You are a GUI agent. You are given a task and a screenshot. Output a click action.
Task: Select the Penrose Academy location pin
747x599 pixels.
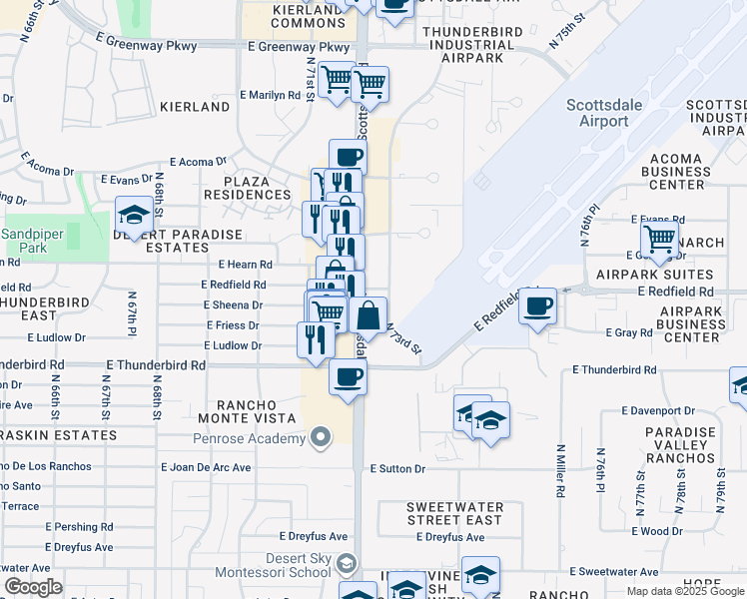click(320, 437)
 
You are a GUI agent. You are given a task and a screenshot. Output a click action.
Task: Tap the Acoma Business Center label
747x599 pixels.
click(691, 171)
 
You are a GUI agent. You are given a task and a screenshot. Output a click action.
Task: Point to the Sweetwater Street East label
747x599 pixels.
click(454, 513)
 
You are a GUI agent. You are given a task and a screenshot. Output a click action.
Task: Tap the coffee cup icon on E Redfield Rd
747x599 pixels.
click(537, 305)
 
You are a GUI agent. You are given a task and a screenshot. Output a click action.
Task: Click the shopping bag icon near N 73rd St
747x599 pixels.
click(369, 315)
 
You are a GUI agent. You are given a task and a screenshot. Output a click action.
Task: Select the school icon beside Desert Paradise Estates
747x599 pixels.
click(133, 215)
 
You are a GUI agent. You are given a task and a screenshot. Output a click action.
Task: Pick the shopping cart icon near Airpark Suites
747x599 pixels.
click(660, 239)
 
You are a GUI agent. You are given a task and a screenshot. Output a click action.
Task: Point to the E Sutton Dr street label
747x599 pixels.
click(397, 468)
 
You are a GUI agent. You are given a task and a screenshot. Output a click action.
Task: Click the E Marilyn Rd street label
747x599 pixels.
click(270, 96)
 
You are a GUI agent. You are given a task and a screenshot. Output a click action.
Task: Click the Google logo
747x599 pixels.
click(34, 587)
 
